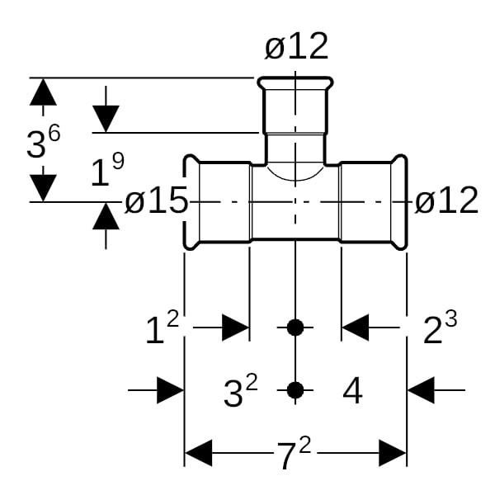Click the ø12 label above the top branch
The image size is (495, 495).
point(296,47)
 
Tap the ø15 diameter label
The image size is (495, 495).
point(157,202)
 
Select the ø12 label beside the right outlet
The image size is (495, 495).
point(446,200)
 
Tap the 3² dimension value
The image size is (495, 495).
point(240,392)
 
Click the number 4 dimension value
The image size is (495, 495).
point(352,392)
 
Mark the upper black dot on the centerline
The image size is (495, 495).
point(295,328)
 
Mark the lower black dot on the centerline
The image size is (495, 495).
point(295,389)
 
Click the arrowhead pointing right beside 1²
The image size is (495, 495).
point(236,328)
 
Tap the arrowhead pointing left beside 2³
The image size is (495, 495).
point(355,328)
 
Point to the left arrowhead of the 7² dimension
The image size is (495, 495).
point(198,453)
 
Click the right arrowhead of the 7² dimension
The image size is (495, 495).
point(393,453)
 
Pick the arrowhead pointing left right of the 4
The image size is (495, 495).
point(421,390)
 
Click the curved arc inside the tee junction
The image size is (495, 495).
point(295,177)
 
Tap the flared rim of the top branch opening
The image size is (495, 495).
point(295,84)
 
